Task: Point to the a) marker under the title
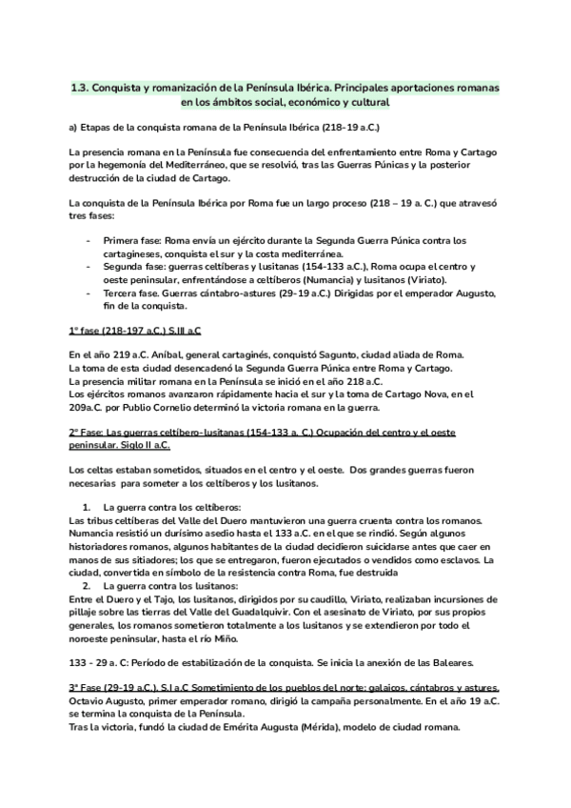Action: pyautogui.click(x=74, y=127)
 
